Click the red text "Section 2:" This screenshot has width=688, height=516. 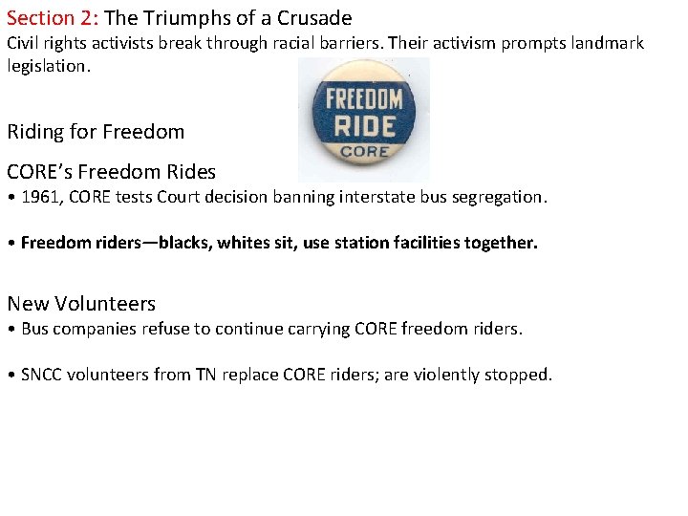pyautogui.click(x=54, y=18)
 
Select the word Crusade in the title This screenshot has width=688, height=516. pyautogui.click(x=314, y=18)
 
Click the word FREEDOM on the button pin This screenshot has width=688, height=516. pyautogui.click(x=364, y=98)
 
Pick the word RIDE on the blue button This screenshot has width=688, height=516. pyautogui.click(x=364, y=125)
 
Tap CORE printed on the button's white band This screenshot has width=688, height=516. pyautogui.click(x=364, y=151)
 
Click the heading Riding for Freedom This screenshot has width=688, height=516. pyautogui.click(x=96, y=132)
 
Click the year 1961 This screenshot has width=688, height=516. pyautogui.click(x=40, y=198)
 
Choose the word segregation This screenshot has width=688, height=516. pyautogui.click(x=498, y=198)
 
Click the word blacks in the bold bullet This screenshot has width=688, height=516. pyautogui.click(x=183, y=243)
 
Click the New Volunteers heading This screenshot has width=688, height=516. pyautogui.click(x=81, y=304)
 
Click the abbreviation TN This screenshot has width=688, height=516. pyautogui.click(x=204, y=375)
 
